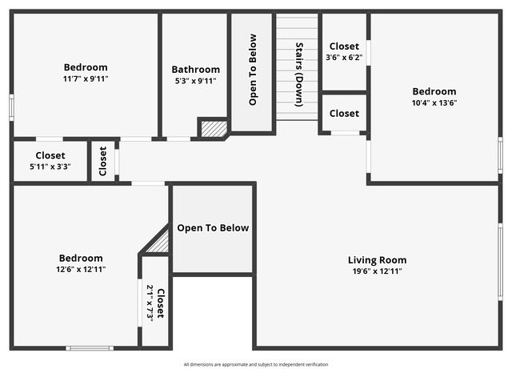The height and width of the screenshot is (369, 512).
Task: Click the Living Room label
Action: click(377, 260)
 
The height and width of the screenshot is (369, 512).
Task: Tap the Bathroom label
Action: click(195, 70)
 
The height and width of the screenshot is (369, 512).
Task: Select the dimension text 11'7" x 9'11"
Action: click(86, 78)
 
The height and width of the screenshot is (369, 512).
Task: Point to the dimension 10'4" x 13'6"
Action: click(434, 102)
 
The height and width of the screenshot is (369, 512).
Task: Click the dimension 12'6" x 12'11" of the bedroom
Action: click(81, 269)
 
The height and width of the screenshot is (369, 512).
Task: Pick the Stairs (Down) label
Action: click(299, 74)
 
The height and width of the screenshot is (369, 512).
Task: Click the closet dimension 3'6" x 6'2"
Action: click(344, 58)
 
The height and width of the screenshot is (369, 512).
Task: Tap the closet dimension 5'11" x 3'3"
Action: click(50, 166)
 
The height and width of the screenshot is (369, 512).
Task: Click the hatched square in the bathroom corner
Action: click(214, 128)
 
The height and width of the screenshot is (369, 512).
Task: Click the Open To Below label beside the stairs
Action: click(253, 70)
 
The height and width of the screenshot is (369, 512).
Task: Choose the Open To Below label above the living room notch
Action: click(213, 228)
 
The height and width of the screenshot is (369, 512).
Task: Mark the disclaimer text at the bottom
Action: click(255, 364)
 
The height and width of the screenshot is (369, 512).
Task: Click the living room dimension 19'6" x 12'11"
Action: click(377, 271)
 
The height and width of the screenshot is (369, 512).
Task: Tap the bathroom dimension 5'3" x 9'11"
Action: click(195, 80)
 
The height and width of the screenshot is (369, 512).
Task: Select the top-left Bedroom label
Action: click(86, 67)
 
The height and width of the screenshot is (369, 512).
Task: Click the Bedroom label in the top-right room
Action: click(434, 91)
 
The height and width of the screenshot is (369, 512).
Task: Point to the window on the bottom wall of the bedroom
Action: click(90, 347)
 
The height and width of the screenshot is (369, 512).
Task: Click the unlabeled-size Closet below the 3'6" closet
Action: click(344, 114)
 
